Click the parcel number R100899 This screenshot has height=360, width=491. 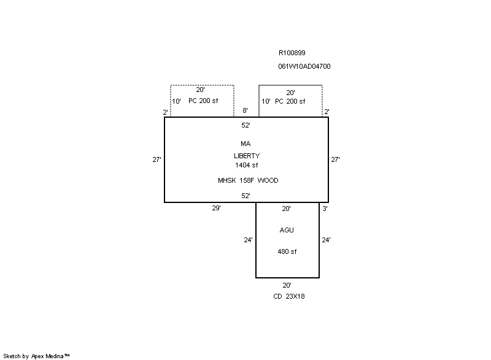(x=292, y=53)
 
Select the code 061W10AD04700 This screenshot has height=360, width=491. (x=304, y=66)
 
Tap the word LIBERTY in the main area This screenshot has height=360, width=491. (x=246, y=156)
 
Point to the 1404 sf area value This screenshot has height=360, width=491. (x=246, y=165)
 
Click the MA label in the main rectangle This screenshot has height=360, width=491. (x=245, y=144)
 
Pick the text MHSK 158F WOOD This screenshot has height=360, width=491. (x=247, y=180)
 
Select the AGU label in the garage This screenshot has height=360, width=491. (x=287, y=230)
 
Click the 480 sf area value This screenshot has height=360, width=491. (x=287, y=251)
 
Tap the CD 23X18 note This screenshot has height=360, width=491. (x=288, y=296)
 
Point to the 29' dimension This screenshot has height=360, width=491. (x=216, y=209)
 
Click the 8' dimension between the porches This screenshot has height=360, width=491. (x=245, y=110)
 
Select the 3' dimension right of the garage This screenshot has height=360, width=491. (x=324, y=209)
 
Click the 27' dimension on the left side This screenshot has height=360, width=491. (x=157, y=159)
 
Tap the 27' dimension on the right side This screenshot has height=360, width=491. (x=335, y=159)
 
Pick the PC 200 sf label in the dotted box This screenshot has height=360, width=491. (x=203, y=101)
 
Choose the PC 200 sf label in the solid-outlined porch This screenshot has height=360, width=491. (x=290, y=101)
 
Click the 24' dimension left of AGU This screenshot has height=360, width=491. (x=248, y=240)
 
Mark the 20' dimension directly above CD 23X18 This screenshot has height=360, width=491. (x=287, y=285)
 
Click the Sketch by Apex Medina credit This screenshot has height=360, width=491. (x=36, y=356)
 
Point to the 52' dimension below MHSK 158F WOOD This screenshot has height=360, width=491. (x=245, y=196)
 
